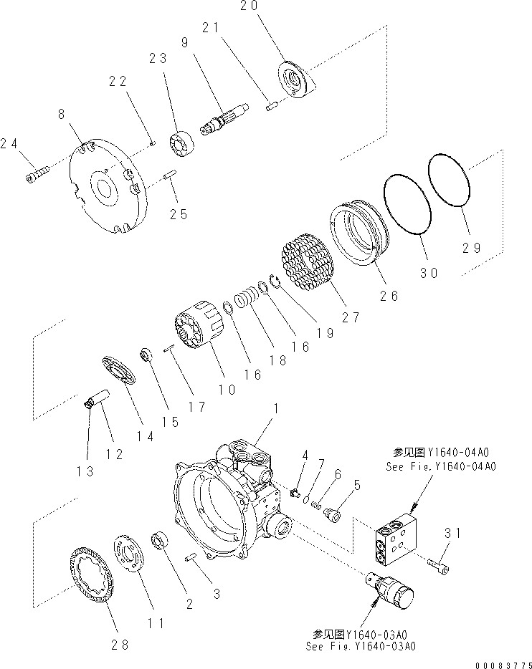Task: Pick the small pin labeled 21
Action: tap(271, 107)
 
